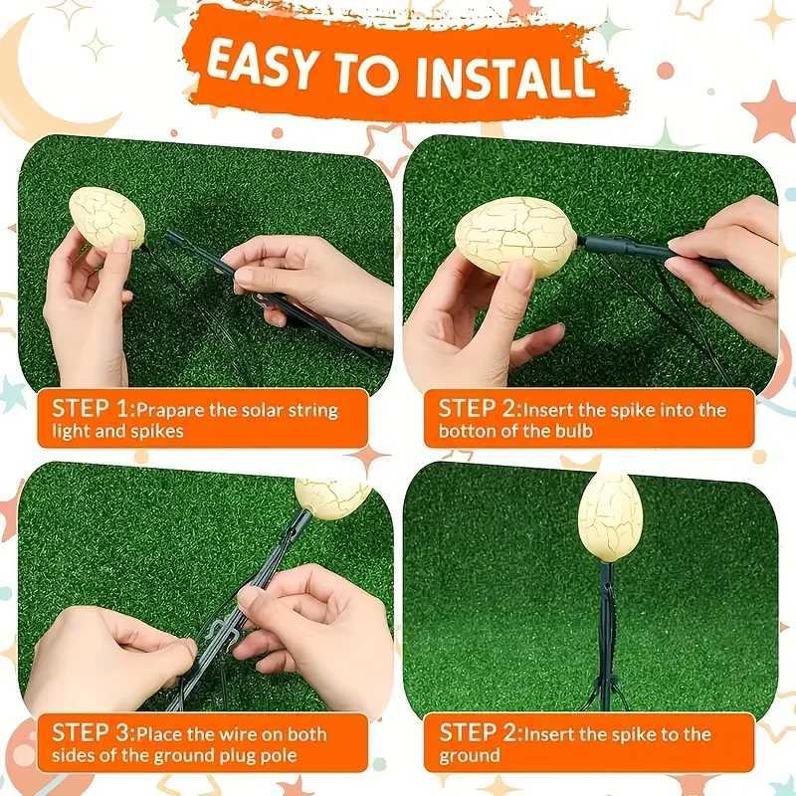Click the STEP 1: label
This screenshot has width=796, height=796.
pos(93,409)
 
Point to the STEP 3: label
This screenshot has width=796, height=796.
pos(94,734)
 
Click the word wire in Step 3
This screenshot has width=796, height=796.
pos(242,735)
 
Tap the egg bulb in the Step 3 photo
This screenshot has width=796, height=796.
pos(332,495)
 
